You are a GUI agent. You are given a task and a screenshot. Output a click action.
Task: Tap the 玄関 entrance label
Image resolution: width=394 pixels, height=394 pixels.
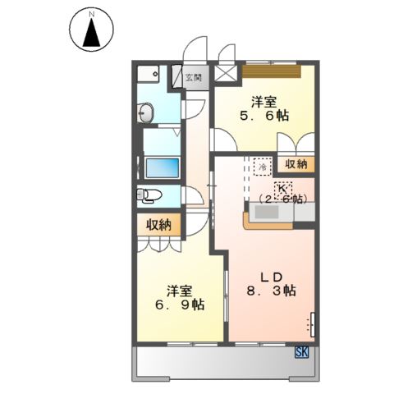pos(194,78)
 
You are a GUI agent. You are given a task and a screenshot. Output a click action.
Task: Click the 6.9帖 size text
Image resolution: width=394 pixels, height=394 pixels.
pos(181,305)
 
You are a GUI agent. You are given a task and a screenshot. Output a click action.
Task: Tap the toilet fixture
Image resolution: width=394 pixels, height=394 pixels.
pos(150,195)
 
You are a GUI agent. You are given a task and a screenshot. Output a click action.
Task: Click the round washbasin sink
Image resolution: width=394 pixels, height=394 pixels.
pos(148,112)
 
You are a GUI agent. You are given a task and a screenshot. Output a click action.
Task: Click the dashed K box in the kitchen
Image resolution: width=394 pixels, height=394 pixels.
pos(270,187)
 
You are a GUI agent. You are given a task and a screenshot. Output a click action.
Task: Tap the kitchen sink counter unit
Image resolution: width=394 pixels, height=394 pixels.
pos(271,215)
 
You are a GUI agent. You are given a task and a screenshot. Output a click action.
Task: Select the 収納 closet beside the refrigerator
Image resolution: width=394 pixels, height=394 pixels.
pos(296,164)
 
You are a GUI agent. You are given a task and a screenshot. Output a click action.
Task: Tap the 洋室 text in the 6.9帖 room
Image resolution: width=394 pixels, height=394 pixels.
pos(181,290)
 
